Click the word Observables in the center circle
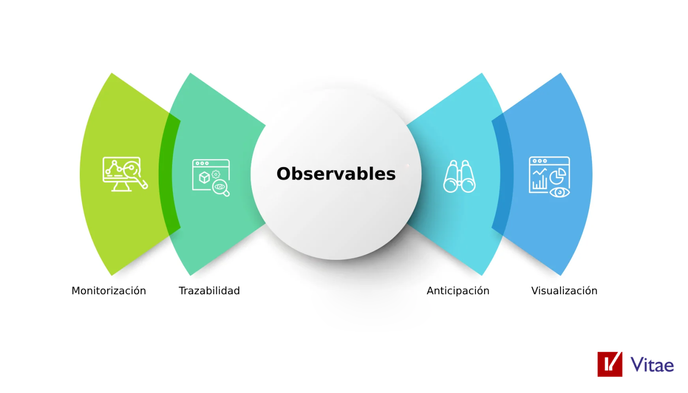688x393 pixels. click(x=336, y=174)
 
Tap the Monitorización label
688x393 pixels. click(x=109, y=291)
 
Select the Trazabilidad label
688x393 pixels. click(x=209, y=291)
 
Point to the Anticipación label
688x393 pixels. click(x=458, y=291)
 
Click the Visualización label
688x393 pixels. click(x=564, y=291)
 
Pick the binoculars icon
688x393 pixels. click(x=460, y=176)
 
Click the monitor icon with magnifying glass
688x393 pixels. click(x=125, y=174)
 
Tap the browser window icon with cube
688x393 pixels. click(x=211, y=178)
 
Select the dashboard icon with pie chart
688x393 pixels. click(x=549, y=177)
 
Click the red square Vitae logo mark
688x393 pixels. click(x=610, y=365)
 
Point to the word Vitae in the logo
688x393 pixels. click(x=652, y=365)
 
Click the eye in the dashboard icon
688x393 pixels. click(x=560, y=192)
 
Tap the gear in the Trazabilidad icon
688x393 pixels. click(x=216, y=174)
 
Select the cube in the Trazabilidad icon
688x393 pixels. click(x=204, y=177)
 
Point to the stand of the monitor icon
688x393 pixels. click(x=122, y=187)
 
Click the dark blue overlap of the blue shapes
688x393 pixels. click(x=503, y=174)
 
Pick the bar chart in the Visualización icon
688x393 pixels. click(x=540, y=183)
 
